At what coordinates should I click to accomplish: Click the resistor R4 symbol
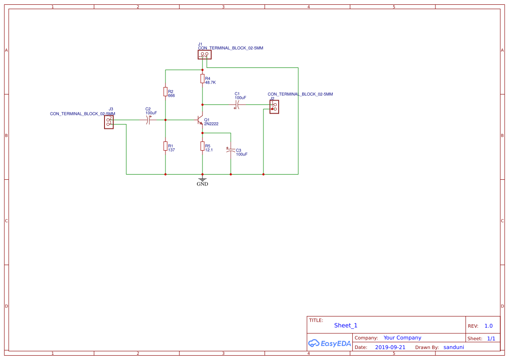[202, 78]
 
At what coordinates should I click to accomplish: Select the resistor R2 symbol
[165, 91]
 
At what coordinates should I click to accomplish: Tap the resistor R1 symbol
[165, 146]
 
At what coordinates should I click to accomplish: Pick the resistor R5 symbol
[202, 146]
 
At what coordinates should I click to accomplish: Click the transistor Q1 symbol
[200, 120]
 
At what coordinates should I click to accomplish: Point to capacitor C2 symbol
[148, 120]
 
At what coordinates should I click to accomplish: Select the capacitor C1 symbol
[238, 104]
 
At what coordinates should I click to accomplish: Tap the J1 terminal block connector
[204, 54]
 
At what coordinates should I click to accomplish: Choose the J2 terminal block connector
[274, 107]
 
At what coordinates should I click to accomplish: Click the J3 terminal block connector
[109, 122]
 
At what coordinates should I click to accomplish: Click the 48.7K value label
[210, 82]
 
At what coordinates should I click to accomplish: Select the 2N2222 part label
[211, 124]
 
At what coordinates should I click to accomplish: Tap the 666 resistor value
[171, 95]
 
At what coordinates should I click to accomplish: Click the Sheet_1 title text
[346, 325]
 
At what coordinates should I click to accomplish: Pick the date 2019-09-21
[390, 347]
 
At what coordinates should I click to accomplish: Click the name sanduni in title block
[454, 347]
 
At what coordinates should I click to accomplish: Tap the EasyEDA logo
[330, 343]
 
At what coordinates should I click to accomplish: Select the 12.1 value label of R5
[209, 150]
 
